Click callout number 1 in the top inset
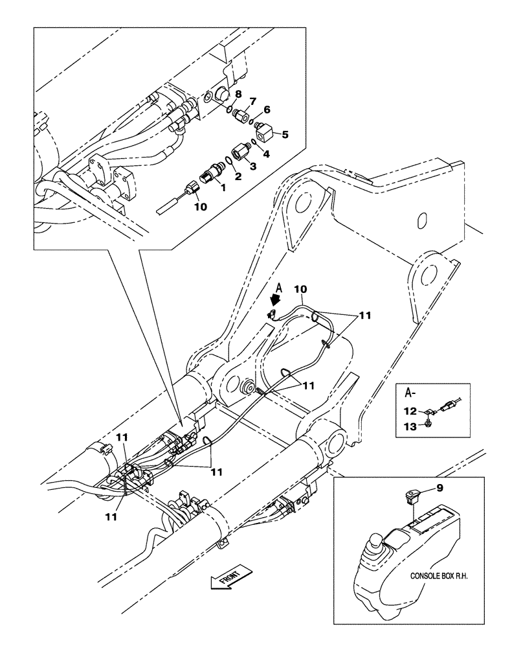pos(223,187)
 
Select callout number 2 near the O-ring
pos(238,176)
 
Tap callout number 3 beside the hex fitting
pos(253,167)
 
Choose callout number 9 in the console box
pos(253,102)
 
